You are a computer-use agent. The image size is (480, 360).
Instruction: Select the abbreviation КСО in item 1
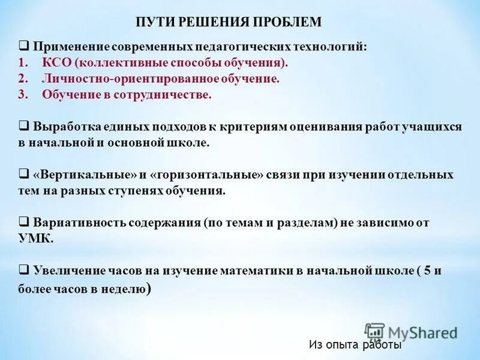pos(55,63)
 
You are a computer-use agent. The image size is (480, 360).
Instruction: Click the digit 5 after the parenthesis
pos(427,270)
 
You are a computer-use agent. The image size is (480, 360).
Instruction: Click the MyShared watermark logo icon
pos(374,332)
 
